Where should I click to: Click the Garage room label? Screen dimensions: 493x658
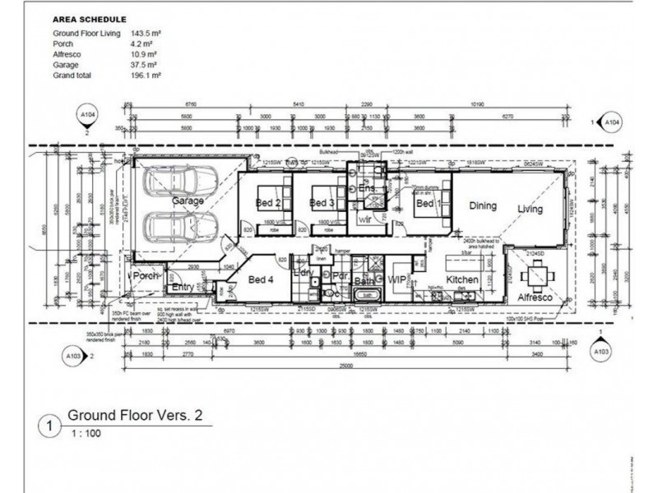click(188, 200)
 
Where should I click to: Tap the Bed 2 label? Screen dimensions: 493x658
click(268, 203)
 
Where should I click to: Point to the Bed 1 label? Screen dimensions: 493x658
click(424, 203)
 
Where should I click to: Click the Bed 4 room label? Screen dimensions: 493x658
click(260, 280)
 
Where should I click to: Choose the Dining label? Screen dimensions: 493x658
click(483, 206)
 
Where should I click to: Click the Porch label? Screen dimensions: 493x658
click(146, 276)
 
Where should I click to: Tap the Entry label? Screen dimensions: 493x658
click(182, 287)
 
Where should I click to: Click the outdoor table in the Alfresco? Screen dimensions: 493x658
click(535, 276)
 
